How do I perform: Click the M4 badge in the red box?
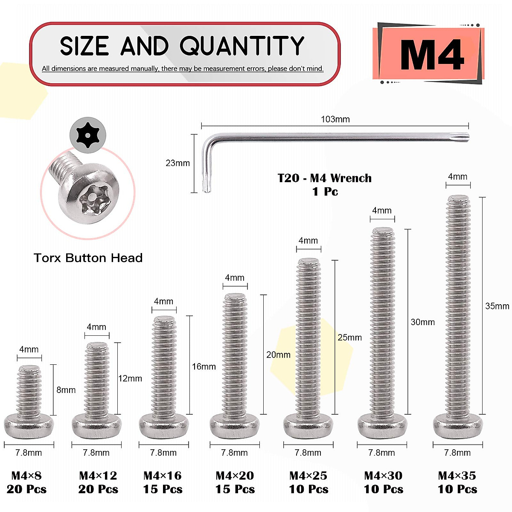click(x=431, y=54)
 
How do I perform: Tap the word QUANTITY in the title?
click(x=241, y=46)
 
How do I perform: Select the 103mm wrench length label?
click(x=335, y=119)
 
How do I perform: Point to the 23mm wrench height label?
click(x=177, y=163)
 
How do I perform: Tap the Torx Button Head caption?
click(x=88, y=258)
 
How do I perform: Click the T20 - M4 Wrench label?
click(x=324, y=178)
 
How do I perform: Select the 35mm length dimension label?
click(x=497, y=306)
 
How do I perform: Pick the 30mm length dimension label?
click(x=422, y=322)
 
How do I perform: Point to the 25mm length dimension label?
click(x=349, y=337)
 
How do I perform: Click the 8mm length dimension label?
click(x=66, y=390)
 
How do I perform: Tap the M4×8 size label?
click(x=26, y=476)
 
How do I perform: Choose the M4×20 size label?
click(x=235, y=476)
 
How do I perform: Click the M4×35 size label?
click(x=457, y=476)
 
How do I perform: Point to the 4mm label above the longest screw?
click(x=457, y=177)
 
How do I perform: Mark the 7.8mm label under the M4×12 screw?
click(x=96, y=453)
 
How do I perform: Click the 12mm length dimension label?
click(x=130, y=378)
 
